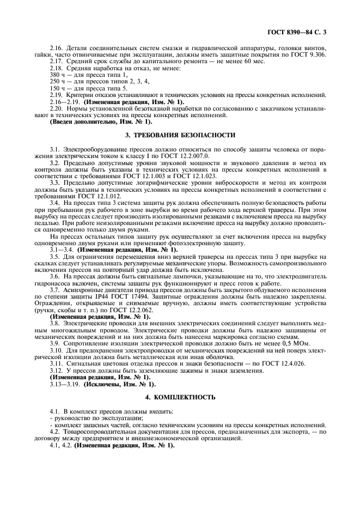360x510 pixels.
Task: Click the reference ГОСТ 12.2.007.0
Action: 184,156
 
